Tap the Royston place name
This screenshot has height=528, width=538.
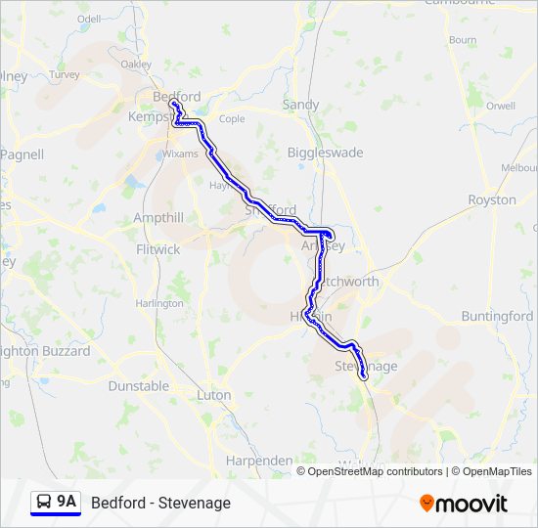tap(492, 199)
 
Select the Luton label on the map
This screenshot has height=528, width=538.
tap(214, 395)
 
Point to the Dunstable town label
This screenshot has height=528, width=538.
tap(138, 386)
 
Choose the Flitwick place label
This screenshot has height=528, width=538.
tap(157, 249)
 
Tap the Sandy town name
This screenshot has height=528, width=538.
tap(300, 105)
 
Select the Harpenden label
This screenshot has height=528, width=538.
tap(258, 460)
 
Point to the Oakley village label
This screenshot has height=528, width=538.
tap(136, 65)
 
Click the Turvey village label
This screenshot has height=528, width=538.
tap(65, 74)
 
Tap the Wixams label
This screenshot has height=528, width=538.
tap(180, 154)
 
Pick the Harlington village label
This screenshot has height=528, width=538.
tap(159, 303)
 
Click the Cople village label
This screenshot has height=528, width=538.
tap(232, 119)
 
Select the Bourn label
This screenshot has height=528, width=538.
tap(463, 40)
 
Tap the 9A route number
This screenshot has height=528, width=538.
tap(67, 502)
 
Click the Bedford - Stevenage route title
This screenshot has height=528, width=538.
tap(160, 503)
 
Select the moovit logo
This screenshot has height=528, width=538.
tap(464, 504)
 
